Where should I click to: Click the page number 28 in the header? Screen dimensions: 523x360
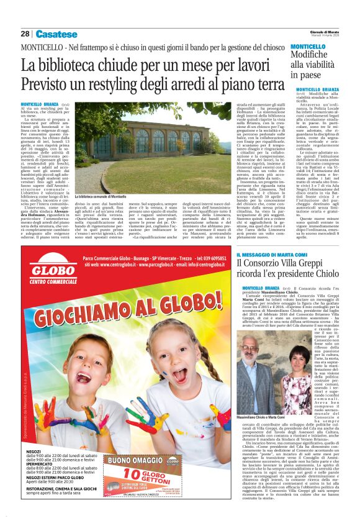25,34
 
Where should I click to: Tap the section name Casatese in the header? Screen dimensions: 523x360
56,34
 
